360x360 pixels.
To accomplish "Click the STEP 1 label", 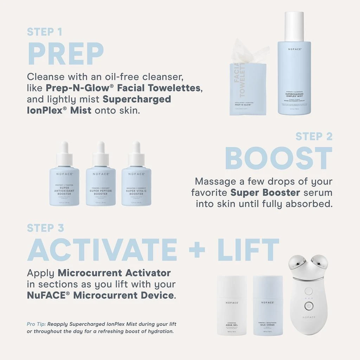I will (x=45, y=32).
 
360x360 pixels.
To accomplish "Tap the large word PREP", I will (x=65, y=54).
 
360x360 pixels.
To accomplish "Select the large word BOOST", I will (x=278, y=158).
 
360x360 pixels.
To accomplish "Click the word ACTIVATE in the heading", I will (x=102, y=250).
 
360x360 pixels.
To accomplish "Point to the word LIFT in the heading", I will (x=248, y=250).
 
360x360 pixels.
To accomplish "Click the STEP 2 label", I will (x=314, y=136).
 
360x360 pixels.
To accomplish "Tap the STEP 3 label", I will (x=45, y=228).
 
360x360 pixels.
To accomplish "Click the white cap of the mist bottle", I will (x=294, y=26).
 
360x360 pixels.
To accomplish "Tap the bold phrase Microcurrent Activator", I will (x=114, y=273).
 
